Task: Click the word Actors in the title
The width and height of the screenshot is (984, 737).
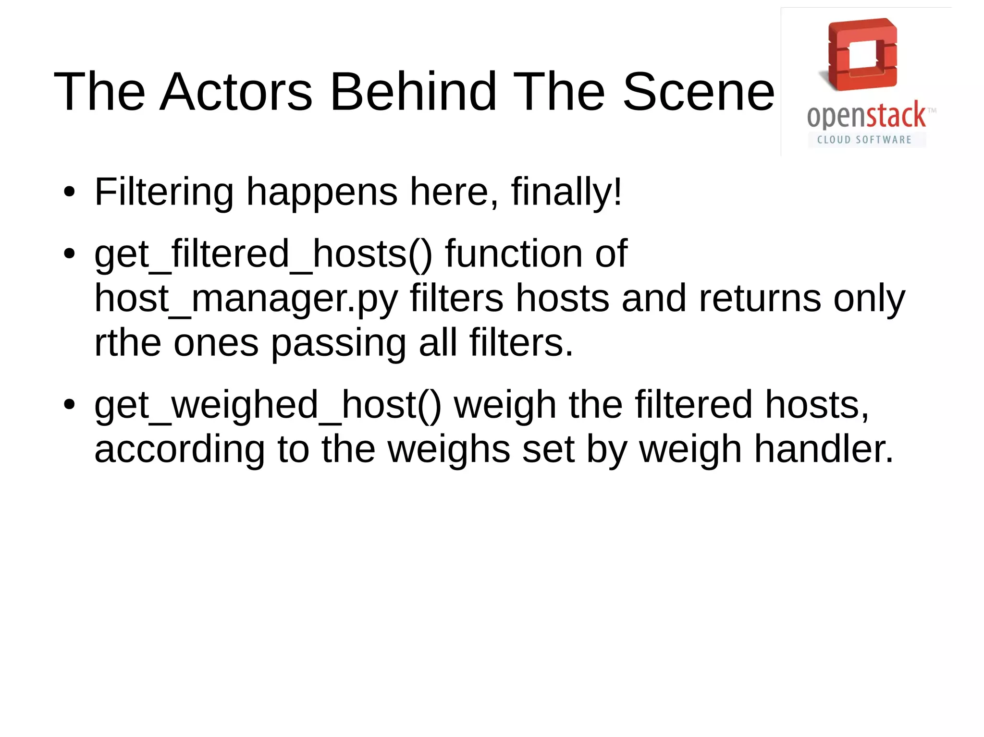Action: point(236,91)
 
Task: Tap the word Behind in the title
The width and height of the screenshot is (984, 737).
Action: point(413,91)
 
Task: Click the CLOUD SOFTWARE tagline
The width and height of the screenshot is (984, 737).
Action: point(864,140)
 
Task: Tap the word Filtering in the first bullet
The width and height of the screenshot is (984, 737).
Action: point(164,192)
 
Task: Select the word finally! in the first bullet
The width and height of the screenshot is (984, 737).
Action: point(566,192)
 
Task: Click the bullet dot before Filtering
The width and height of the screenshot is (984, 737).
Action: point(70,192)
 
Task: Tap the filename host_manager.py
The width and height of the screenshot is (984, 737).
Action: point(246,299)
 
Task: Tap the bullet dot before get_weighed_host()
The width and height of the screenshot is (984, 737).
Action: point(70,405)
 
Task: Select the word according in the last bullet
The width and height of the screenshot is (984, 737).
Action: point(179,449)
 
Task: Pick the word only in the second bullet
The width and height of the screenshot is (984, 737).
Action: point(869,299)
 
